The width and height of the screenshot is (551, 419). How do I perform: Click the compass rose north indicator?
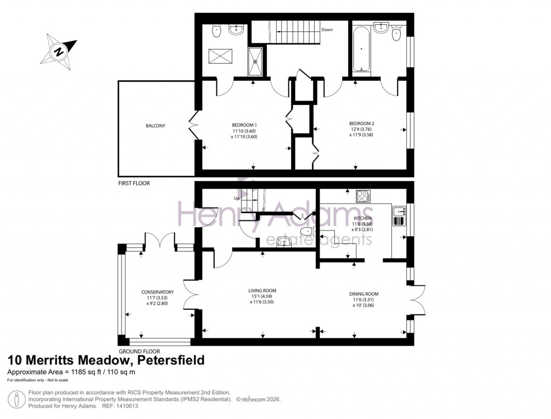58,52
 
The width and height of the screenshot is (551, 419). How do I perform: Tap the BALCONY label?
155,126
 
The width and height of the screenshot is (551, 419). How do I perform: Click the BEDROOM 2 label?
362,123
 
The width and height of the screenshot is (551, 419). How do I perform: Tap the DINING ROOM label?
364,294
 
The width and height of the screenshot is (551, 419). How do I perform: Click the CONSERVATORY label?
154,292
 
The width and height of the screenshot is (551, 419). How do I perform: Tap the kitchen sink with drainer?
399,215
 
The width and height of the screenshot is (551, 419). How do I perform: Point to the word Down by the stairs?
327,30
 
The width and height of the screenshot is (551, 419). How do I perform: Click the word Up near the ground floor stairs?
236,198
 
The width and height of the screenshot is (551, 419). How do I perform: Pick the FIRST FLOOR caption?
134,184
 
